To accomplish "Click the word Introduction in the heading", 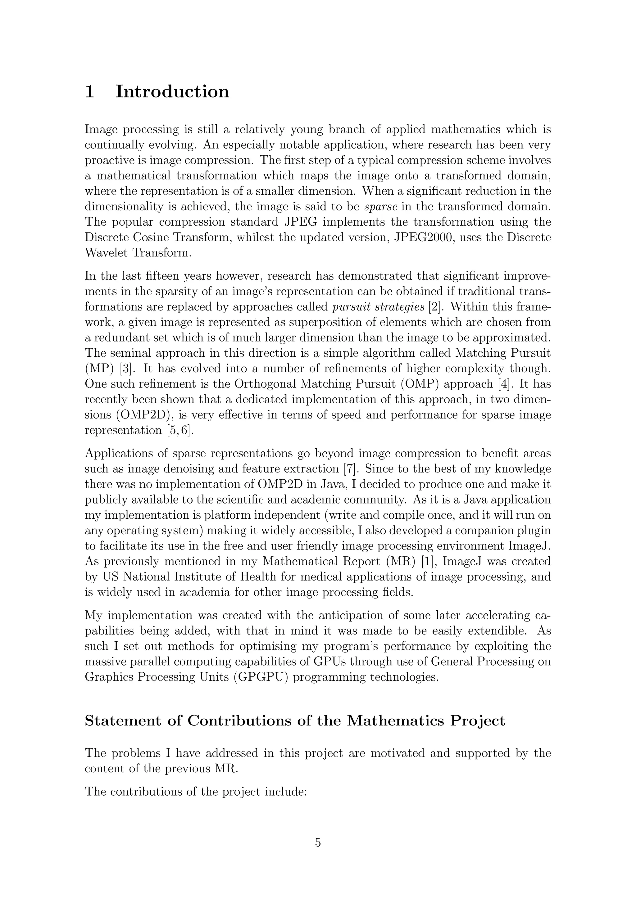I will tap(172, 92).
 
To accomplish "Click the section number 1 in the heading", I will tap(89, 92).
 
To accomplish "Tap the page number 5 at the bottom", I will tap(318, 842).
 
